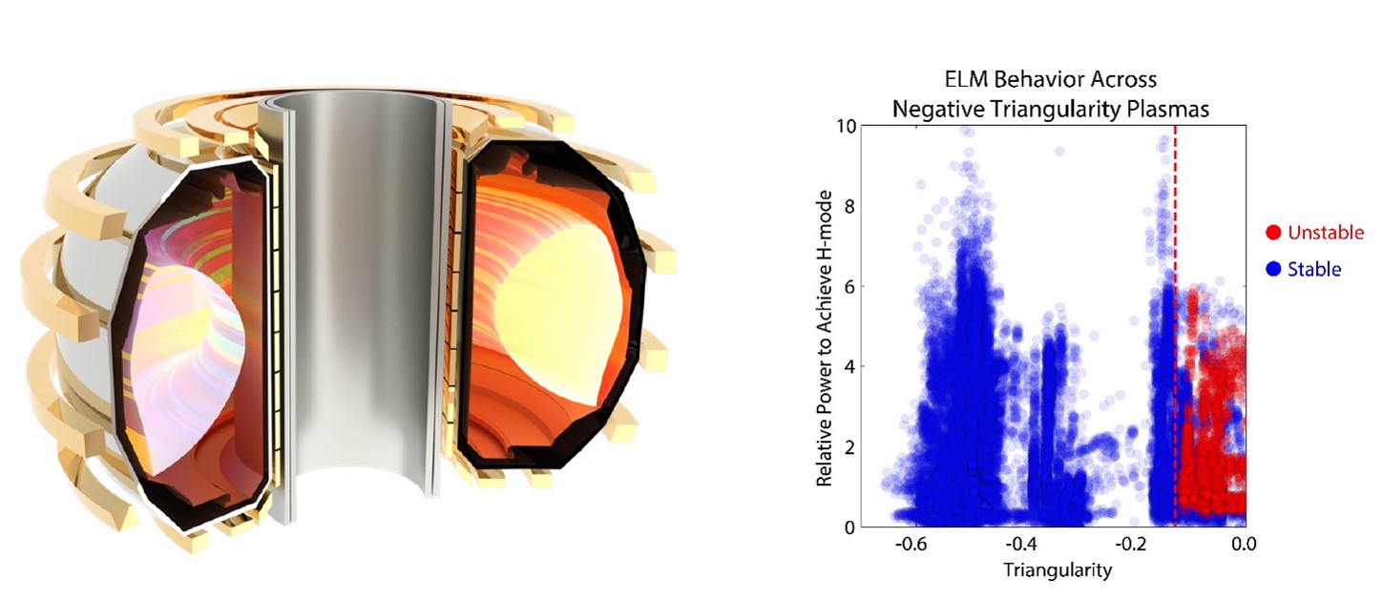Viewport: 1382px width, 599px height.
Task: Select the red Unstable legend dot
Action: (x=1273, y=233)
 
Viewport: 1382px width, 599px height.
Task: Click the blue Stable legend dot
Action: (x=1273, y=270)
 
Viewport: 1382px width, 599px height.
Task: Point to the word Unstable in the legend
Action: (x=1326, y=233)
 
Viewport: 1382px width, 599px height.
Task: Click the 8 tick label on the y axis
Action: (x=845, y=206)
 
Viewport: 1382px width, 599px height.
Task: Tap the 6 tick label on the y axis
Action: (x=845, y=286)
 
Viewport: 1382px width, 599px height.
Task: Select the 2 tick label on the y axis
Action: (x=845, y=446)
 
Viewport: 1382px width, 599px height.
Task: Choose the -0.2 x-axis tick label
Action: (x=1132, y=546)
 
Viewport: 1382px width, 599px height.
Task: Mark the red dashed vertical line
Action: (x=1175, y=191)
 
